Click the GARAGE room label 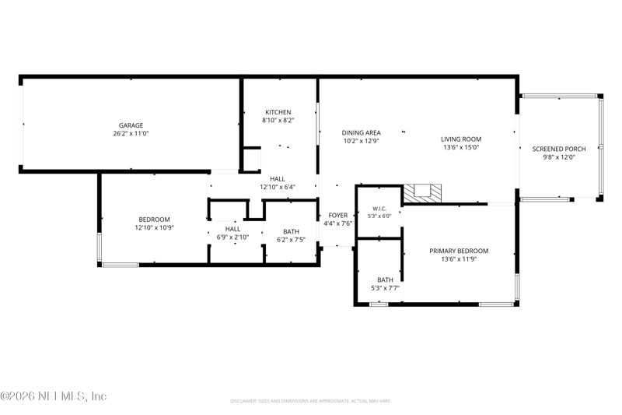[131, 125]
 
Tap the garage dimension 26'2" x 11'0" [131, 133]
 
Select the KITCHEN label [278, 112]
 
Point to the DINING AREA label [361, 132]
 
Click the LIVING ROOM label [461, 139]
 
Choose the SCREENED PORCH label [559, 149]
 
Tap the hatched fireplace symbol [422, 193]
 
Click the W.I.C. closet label [379, 209]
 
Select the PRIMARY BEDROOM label [459, 251]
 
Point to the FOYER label [338, 215]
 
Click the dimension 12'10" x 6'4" [278, 187]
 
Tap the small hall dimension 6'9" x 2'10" [232, 237]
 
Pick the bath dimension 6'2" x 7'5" [291, 240]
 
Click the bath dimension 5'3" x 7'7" [385, 288]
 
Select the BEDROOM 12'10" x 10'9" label [154, 223]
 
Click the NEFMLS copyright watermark [54, 396]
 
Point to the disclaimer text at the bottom [311, 401]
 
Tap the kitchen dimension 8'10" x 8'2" [278, 121]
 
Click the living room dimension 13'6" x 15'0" [461, 147]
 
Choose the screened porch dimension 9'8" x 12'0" [559, 157]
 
